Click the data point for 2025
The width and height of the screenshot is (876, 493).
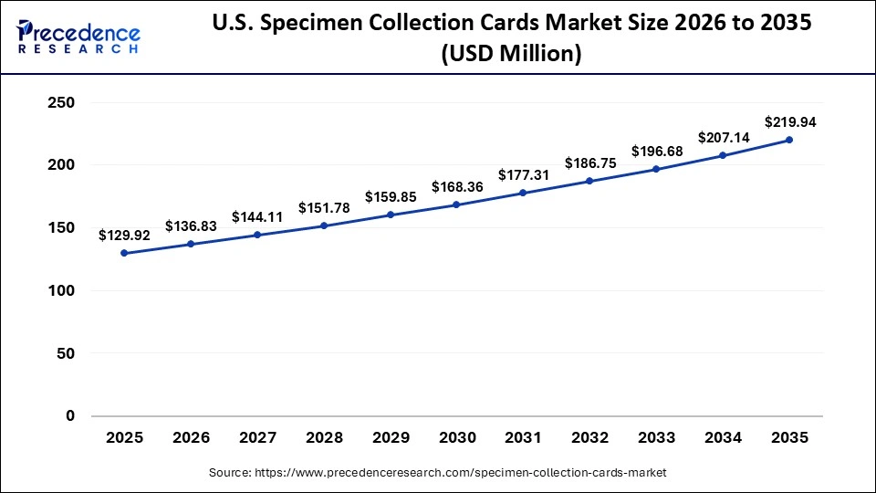(124, 253)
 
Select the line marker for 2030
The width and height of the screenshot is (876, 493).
(456, 205)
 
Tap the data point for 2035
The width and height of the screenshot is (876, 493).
(789, 140)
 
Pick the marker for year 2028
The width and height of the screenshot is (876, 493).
(324, 226)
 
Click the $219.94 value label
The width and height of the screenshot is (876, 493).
(789, 121)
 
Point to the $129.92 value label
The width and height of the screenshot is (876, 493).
(124, 235)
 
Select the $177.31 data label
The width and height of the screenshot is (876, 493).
(523, 174)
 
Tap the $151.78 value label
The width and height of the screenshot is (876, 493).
(324, 207)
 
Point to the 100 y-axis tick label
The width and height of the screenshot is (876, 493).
(60, 290)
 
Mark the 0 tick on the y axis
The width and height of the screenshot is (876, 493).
(69, 415)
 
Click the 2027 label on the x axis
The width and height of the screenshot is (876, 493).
(257, 438)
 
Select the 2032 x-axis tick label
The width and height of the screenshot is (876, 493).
(589, 438)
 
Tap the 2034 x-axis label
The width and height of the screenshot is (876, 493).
(723, 438)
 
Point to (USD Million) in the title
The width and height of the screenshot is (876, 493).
(511, 54)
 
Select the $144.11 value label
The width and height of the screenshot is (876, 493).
(257, 216)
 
